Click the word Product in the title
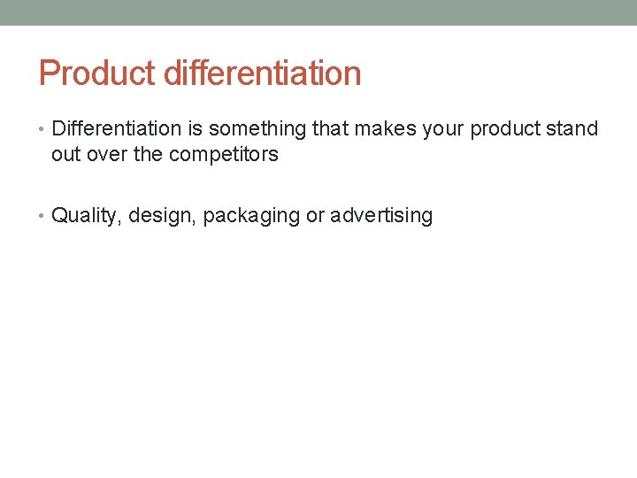click(98, 73)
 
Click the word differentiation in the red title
click(263, 73)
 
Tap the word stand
click(572, 129)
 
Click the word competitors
click(223, 155)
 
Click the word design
click(162, 216)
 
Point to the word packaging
click(251, 216)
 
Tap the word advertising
click(381, 216)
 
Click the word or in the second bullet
click(315, 216)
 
